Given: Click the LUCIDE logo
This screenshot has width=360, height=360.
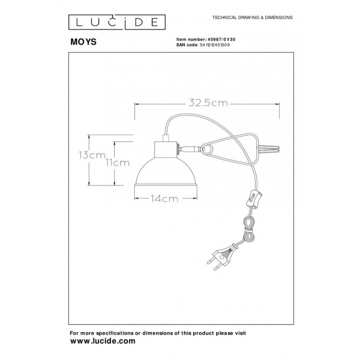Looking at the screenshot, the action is (x=117, y=22).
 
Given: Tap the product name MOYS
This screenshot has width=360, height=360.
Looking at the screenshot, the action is (x=83, y=42).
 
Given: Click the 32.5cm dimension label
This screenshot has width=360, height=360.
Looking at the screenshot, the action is (x=208, y=103).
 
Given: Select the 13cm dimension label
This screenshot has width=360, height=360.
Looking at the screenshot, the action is (x=92, y=155).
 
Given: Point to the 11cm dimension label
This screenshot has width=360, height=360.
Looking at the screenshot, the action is (x=117, y=163).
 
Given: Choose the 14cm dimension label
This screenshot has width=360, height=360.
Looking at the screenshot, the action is (x=164, y=198).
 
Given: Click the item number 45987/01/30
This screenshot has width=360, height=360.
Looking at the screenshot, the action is (x=220, y=40).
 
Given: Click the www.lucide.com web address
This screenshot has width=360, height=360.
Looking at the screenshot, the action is (x=103, y=341).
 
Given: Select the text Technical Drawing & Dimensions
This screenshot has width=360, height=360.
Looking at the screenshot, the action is (x=252, y=18).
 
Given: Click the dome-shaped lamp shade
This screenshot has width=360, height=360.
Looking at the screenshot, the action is (x=166, y=171).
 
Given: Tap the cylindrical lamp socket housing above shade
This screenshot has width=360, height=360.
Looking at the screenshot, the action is (x=166, y=150).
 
